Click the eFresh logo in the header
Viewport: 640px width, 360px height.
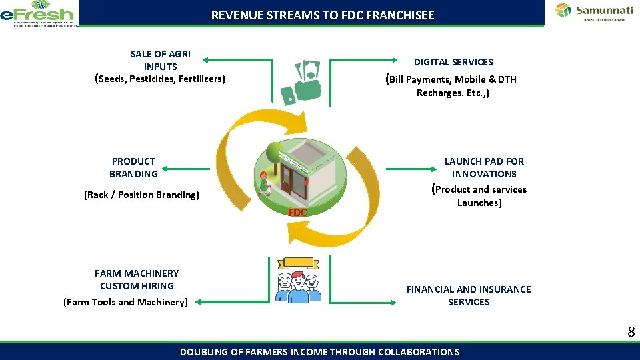coord(38,13)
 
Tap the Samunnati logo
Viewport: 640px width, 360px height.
coord(591,12)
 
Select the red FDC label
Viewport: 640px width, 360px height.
coord(297,212)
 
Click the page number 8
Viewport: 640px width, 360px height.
coord(630,331)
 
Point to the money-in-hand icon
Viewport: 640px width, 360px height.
coord(301,83)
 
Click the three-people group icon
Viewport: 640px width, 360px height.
coord(298,283)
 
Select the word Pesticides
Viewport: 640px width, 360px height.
coord(155,79)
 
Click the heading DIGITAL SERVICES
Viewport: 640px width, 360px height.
coord(453,62)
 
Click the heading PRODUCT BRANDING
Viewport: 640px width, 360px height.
coord(133,167)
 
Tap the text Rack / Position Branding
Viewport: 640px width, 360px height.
coord(141,195)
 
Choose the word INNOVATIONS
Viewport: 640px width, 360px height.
coord(484,173)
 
